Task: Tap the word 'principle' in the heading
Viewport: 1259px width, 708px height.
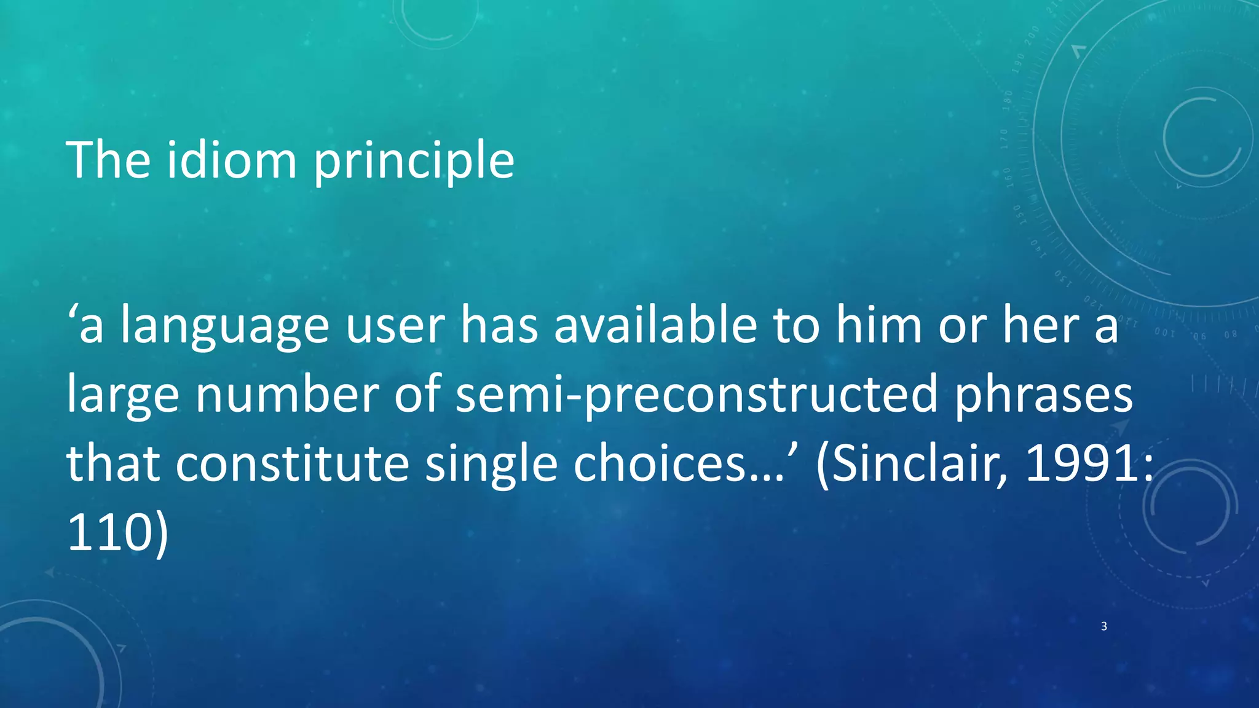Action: (x=414, y=161)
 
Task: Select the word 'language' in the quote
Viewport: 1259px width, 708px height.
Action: (x=225, y=327)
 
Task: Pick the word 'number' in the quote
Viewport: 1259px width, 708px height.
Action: (x=287, y=395)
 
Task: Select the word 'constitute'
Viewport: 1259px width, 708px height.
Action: (x=293, y=464)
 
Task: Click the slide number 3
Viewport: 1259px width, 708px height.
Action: (x=1104, y=626)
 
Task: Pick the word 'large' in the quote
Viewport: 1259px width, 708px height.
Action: (x=123, y=396)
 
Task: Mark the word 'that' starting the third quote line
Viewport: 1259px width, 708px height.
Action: (x=113, y=464)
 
